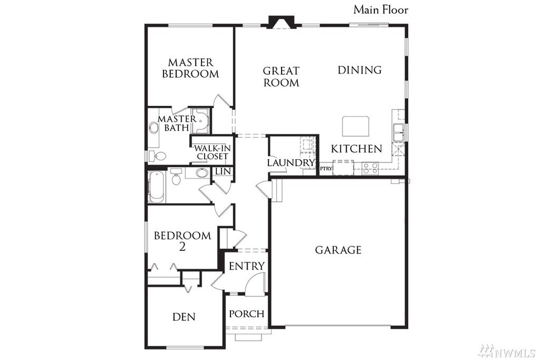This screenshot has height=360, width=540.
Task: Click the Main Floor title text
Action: click(380, 9)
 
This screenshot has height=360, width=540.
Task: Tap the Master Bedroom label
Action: click(190, 68)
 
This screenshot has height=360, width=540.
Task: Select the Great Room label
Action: click(281, 77)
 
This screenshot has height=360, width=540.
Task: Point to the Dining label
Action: click(359, 70)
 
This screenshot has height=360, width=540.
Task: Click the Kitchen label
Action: click(356, 149)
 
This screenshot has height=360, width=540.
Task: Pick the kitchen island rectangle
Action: click(356, 126)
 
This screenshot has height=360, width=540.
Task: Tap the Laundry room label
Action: click(290, 163)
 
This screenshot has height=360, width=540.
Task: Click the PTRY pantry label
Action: click(326, 168)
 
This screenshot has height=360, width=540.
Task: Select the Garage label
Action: click(338, 250)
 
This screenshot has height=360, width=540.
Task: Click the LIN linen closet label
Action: click(222, 172)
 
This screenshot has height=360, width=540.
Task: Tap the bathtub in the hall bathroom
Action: click(155, 186)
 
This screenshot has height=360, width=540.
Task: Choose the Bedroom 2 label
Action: click(182, 241)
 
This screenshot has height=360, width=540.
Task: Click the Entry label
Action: click(246, 266)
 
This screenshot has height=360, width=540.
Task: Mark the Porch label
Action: click(246, 314)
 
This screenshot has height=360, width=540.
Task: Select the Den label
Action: click(184, 317)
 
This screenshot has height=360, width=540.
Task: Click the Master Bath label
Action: click(177, 123)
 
